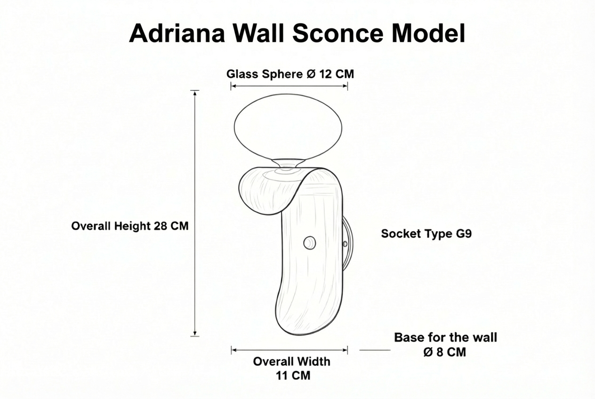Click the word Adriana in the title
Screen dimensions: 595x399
point(177,33)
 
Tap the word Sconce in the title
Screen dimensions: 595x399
point(338,33)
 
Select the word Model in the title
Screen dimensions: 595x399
point(428,33)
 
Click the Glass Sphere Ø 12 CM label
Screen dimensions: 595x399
point(290,74)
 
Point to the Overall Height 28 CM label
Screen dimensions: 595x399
point(130,226)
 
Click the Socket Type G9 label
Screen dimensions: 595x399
point(426,234)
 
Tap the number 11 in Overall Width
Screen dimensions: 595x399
point(281,375)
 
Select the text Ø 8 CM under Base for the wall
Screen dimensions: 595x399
point(445,352)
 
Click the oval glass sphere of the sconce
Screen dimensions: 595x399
point(288,127)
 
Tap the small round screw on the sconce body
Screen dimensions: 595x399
point(309,243)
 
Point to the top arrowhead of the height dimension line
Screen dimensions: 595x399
point(195,92)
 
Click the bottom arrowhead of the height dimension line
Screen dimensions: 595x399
point(195,334)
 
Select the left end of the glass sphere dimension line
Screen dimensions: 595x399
point(231,86)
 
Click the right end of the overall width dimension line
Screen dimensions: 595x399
point(347,350)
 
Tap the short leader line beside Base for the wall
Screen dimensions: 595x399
point(375,350)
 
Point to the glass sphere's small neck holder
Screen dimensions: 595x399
point(288,163)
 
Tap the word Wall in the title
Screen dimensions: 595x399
point(259,33)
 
